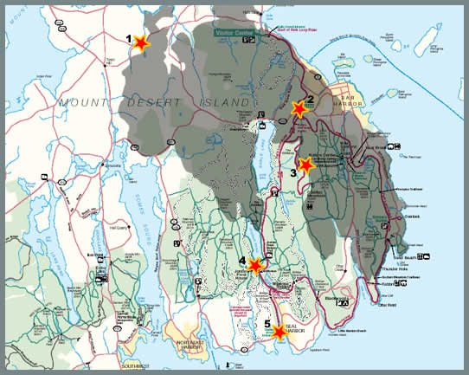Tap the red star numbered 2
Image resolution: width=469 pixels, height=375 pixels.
pos(299,110)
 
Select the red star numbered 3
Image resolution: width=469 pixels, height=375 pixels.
pos(305,164)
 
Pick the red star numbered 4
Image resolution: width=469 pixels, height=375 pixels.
pos(254,265)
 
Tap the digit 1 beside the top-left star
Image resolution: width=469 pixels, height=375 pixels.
pos(129,38)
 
